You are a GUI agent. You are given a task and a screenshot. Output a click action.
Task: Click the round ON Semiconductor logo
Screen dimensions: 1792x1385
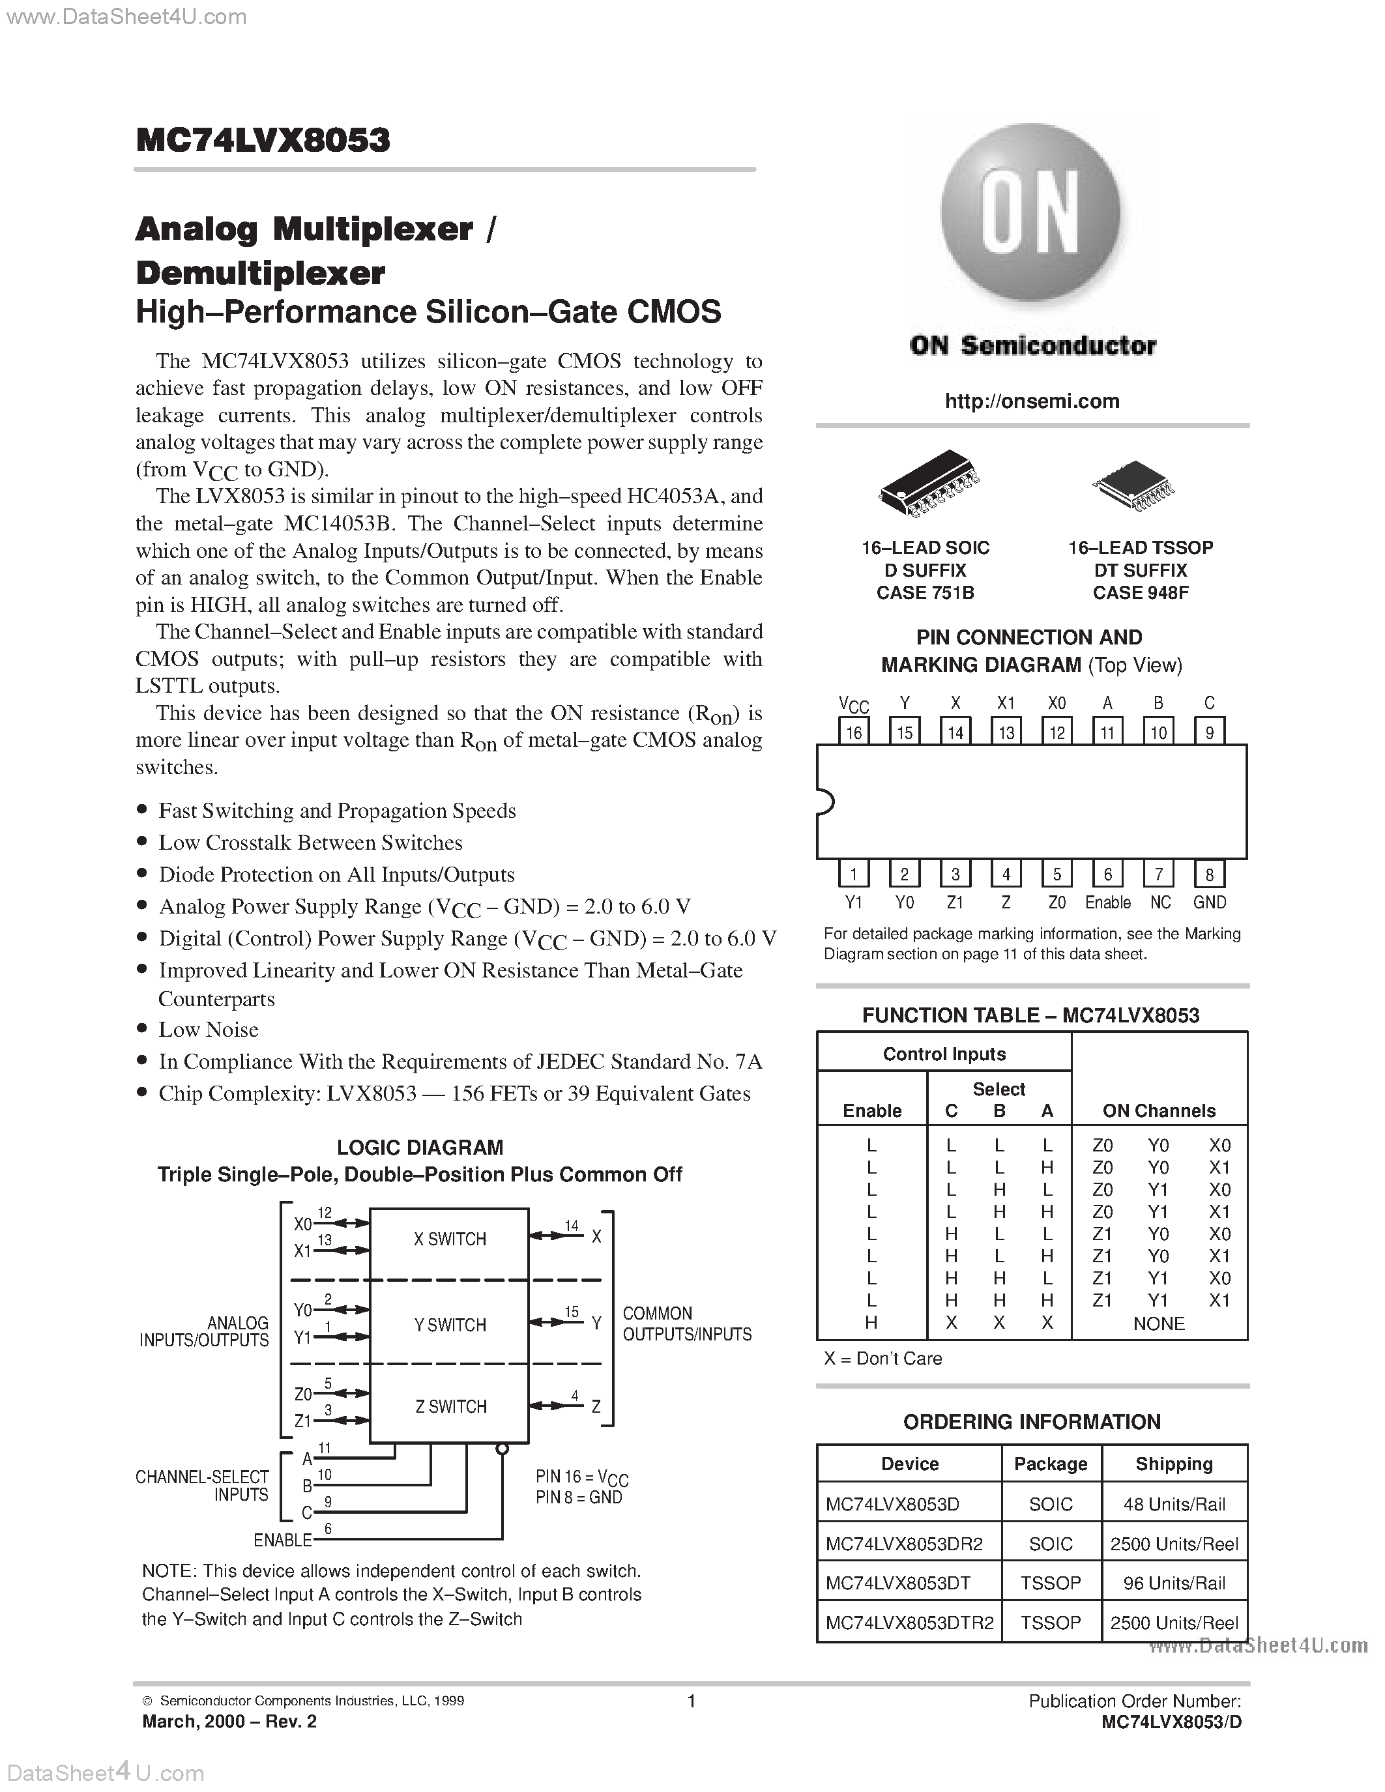(1030, 214)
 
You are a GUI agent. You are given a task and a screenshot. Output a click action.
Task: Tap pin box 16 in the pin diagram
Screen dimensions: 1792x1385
(853, 731)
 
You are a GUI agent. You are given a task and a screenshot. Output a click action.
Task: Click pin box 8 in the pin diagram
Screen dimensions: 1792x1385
(1208, 874)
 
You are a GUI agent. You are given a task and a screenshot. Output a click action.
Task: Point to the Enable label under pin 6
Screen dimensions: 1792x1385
(1107, 903)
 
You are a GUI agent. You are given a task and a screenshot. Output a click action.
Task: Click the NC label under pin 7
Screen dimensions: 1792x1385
(1159, 903)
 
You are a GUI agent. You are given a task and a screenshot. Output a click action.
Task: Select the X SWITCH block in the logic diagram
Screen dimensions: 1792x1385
(450, 1240)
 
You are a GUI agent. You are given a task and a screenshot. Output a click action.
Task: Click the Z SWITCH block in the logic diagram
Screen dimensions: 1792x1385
(450, 1406)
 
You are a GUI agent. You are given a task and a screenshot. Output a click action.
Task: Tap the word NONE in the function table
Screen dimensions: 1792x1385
(1159, 1323)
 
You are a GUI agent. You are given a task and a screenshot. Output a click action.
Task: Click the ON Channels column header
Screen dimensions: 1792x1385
(1159, 1111)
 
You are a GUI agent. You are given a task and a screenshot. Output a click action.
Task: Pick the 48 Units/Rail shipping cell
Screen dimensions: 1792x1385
(1173, 1504)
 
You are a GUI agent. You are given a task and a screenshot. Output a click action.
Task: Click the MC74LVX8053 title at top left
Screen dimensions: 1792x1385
(263, 140)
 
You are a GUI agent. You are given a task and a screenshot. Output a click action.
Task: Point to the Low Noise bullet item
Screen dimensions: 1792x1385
(209, 1030)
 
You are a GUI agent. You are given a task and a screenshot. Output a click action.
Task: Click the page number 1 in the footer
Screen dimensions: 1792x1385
(691, 1701)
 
